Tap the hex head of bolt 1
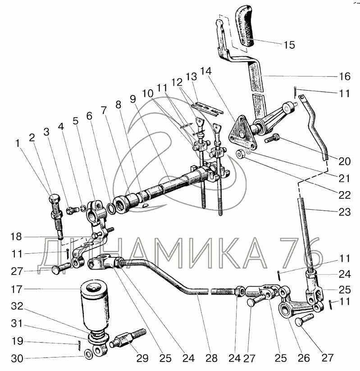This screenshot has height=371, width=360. (x=55, y=198)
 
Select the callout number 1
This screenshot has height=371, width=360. (x=18, y=143)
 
